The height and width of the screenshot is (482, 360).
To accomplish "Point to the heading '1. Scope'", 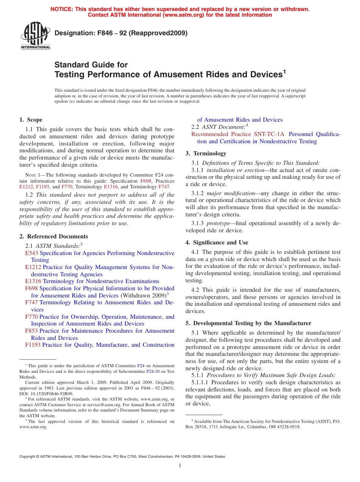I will click(31, 120).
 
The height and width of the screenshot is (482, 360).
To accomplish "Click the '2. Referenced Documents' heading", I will click(53, 236).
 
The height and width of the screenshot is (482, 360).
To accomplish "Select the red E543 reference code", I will click(31, 253).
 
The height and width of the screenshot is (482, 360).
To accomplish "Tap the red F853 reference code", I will click(31, 331).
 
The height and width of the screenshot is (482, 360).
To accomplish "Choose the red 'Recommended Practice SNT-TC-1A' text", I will click(238, 134).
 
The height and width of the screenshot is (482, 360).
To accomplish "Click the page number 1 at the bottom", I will click(180, 466).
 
